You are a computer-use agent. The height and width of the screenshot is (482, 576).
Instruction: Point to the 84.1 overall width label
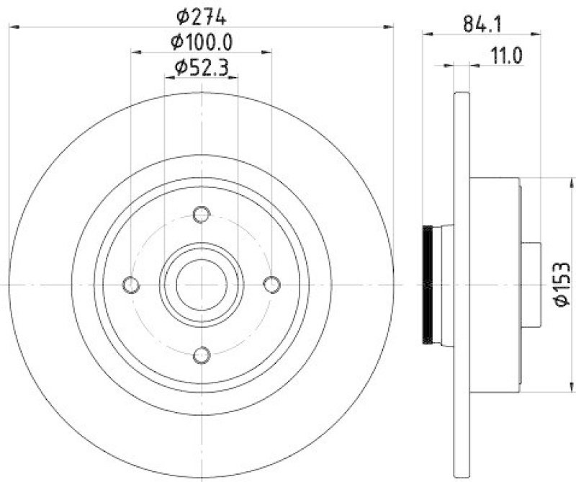coord(482,24)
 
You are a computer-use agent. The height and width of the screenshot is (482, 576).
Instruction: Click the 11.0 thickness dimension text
coord(505,55)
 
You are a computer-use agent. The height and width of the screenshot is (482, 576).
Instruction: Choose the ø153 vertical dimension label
coord(562,285)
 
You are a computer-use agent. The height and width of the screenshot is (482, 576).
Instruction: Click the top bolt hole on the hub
coord(202,214)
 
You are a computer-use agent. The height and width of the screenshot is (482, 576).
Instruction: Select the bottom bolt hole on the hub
coord(202,354)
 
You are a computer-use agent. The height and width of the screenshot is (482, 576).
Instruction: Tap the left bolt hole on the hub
coord(131,285)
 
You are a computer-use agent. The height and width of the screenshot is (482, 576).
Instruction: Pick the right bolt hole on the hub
coord(271,285)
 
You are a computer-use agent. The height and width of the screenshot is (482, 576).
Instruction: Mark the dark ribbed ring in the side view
coord(428,285)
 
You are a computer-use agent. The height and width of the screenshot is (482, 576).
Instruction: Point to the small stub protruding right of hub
coord(531,285)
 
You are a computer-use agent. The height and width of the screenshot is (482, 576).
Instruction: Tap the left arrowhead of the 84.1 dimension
coord(426,32)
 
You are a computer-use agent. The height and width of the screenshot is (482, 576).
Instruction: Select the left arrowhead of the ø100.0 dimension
coord(135,52)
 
